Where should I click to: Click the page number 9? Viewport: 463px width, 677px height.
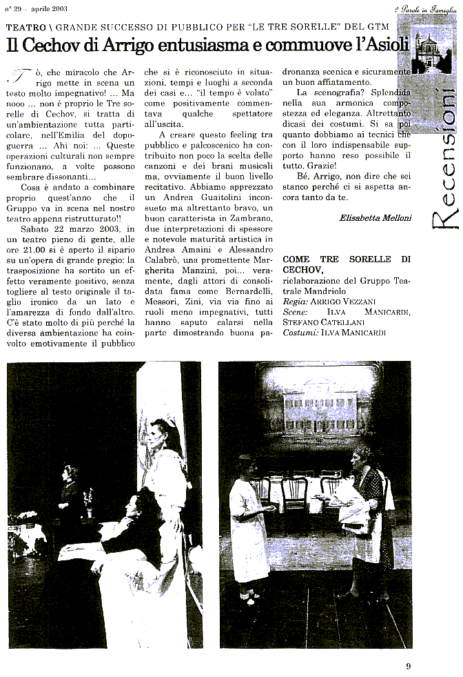pyautogui.click(x=408, y=666)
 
